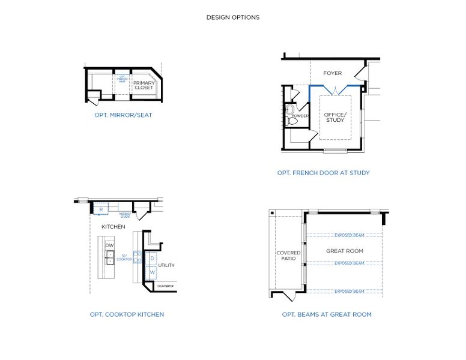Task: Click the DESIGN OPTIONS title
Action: tap(233, 17)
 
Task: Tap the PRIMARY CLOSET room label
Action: tap(144, 85)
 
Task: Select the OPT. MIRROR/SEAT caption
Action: tap(123, 115)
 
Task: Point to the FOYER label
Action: tap(332, 73)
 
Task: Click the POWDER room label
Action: tap(300, 116)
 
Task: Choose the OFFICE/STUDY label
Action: tap(334, 117)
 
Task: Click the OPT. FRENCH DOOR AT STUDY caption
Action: tap(323, 173)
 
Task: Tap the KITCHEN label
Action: tap(113, 227)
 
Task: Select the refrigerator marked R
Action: tap(101, 209)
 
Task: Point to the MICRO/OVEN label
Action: tap(124, 214)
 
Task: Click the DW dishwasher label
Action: tap(109, 245)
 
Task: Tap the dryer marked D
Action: tap(152, 258)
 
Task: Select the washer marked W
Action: tap(152, 272)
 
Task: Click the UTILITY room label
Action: tap(166, 265)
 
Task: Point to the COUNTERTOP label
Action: tap(165, 287)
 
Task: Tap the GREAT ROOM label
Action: tap(345, 251)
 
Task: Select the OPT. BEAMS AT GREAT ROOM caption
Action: tap(327, 314)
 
